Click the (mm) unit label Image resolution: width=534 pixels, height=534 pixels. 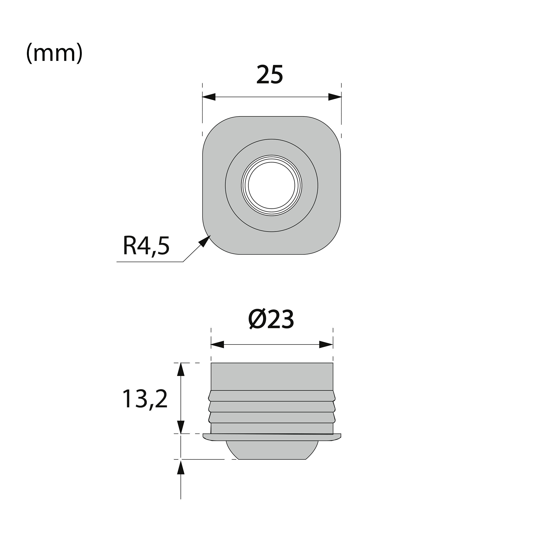54,53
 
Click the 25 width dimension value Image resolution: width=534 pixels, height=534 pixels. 270,75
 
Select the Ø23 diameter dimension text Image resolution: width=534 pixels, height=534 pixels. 271,320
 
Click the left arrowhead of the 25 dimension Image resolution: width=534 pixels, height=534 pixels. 209,97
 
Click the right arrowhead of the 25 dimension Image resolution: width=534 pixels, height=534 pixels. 335,97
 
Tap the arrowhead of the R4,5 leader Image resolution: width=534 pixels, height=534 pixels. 205,241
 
